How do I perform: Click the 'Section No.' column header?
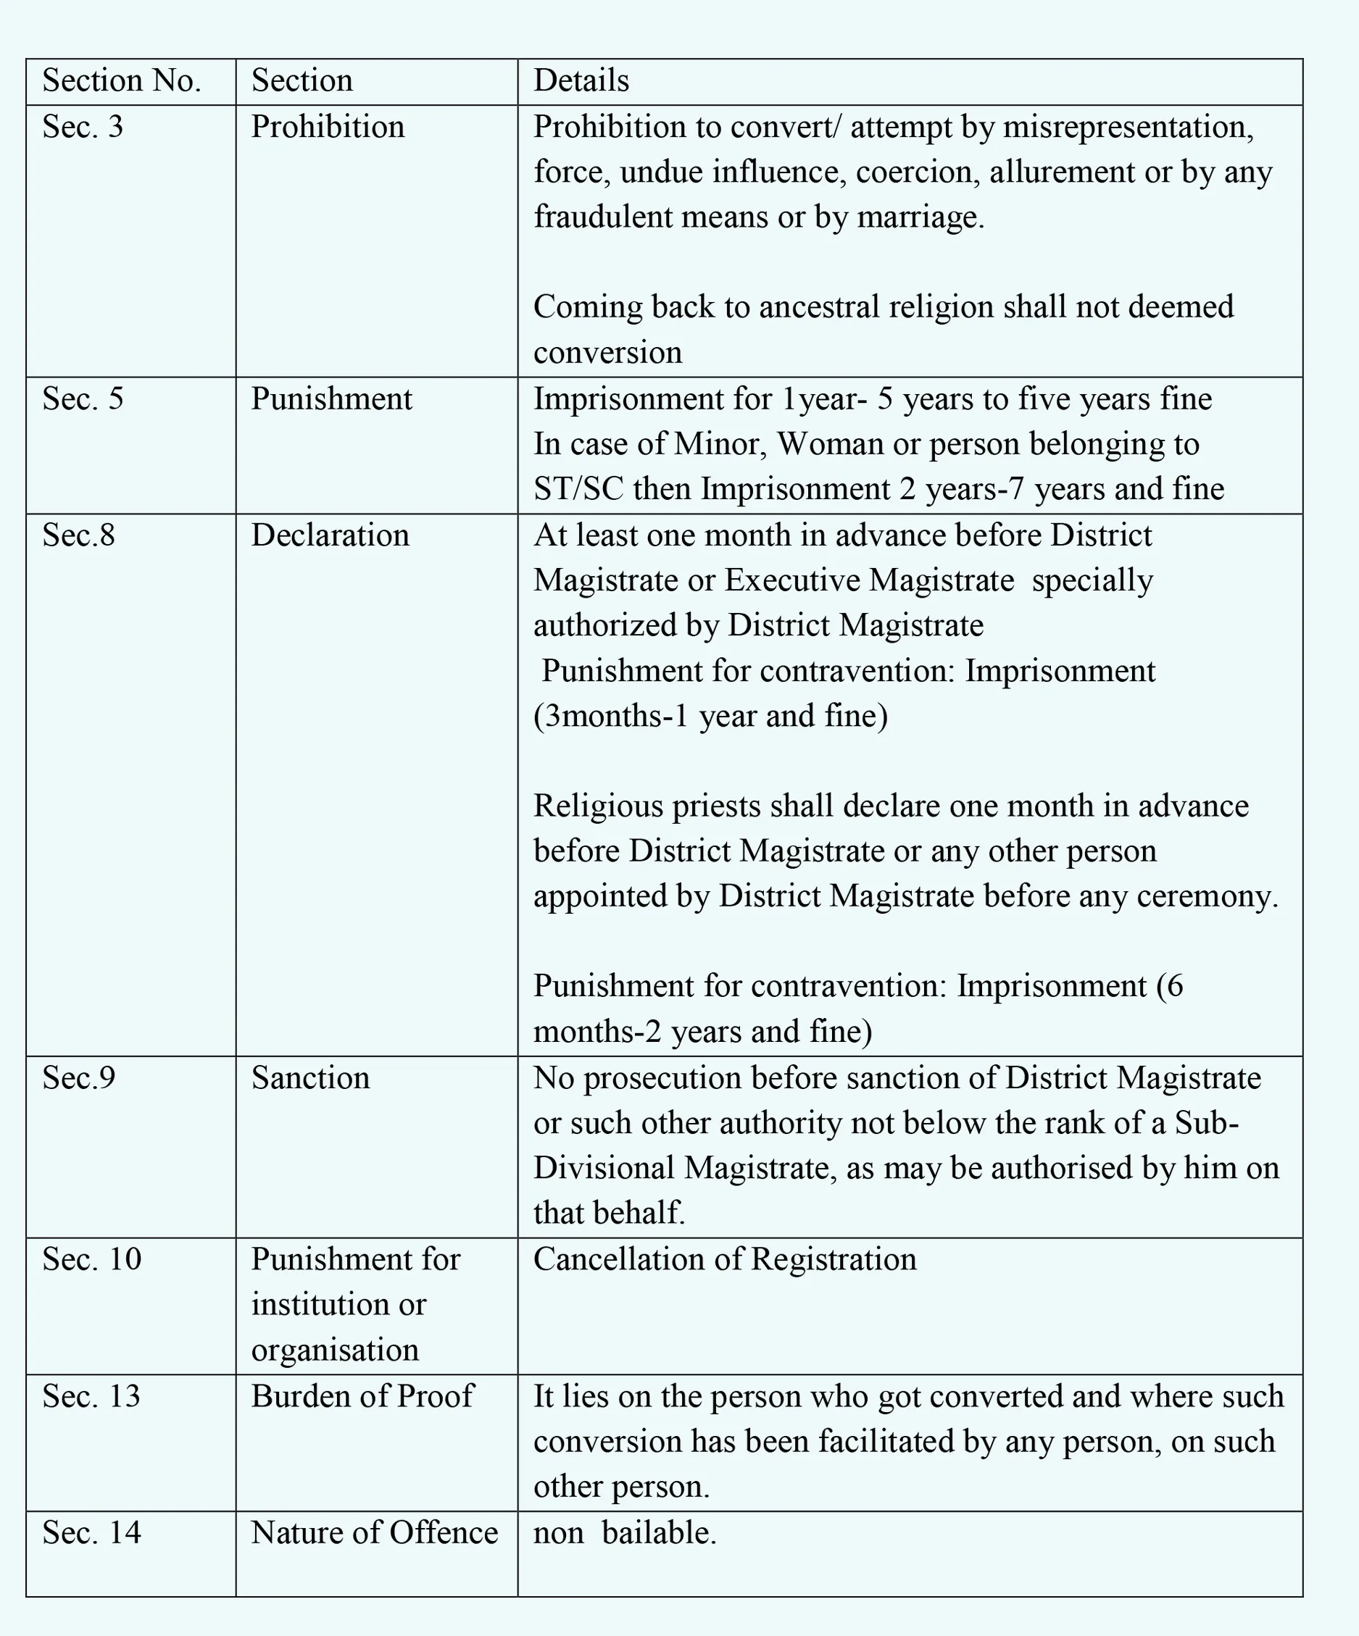(122, 81)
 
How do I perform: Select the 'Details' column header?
(581, 81)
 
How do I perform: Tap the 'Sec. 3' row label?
(83, 127)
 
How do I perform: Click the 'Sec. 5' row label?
(83, 399)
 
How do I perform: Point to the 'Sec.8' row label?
(78, 535)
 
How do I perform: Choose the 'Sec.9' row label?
(78, 1078)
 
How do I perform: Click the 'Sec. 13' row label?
(91, 1396)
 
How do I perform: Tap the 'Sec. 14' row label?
(91, 1532)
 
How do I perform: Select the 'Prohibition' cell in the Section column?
(328, 127)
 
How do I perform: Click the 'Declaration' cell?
(330, 535)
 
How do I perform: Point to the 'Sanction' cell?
(310, 1078)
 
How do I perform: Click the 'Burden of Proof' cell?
(362, 1396)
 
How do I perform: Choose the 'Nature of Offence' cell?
(374, 1532)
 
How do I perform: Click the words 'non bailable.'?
(624, 1532)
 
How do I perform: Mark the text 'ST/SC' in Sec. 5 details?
(578, 489)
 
